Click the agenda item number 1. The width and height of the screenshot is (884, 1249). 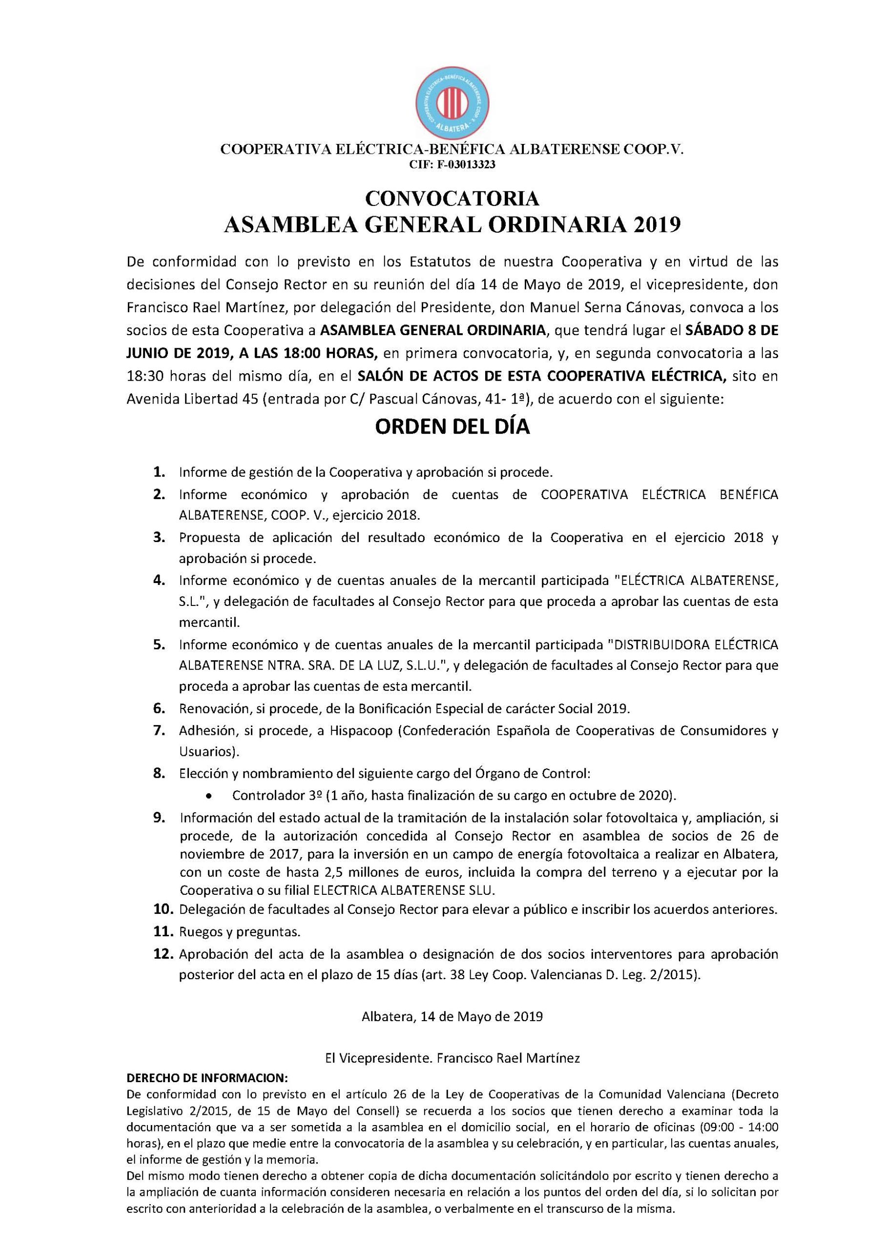(159, 472)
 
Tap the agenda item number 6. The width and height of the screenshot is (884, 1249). (159, 709)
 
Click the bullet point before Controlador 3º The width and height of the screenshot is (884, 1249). (209, 796)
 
